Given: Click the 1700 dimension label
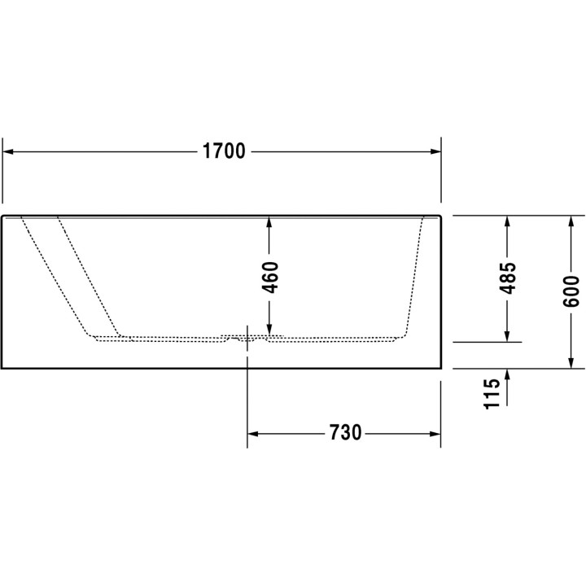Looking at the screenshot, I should (223, 151).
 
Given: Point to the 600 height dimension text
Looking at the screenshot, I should (571, 291).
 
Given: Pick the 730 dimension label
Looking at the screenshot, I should (345, 433).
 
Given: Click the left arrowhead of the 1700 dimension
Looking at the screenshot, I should (10, 151).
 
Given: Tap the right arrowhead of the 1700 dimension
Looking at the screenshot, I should (433, 151).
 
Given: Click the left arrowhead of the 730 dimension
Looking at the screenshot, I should (255, 433).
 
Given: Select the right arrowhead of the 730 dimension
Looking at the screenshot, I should (433, 433).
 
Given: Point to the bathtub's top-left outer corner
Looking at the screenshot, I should (3, 216).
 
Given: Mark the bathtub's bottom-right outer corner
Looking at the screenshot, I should (440, 368).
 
